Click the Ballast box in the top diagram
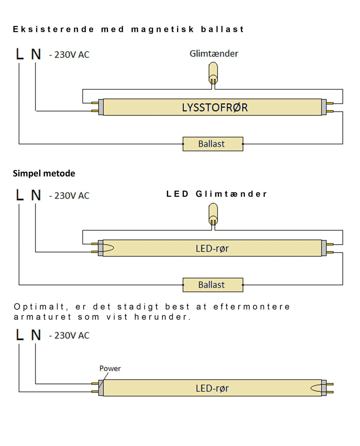[x=213, y=144]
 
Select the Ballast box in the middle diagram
[x=213, y=285]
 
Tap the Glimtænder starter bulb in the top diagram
[x=213, y=73]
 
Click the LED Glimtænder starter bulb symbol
[x=213, y=214]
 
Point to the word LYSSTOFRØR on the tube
[x=215, y=108]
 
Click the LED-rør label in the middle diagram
[x=212, y=248]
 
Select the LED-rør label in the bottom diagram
[x=212, y=388]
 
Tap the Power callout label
[x=110, y=368]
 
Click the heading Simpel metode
[x=44, y=174]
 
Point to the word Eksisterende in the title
[x=54, y=29]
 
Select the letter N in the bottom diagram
[x=36, y=335]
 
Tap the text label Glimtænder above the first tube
[x=214, y=54]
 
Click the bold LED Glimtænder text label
[x=216, y=194]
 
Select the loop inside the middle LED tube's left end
[x=108, y=248]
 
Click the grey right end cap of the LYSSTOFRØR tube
[x=324, y=107]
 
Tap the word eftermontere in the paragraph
[x=252, y=307]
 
